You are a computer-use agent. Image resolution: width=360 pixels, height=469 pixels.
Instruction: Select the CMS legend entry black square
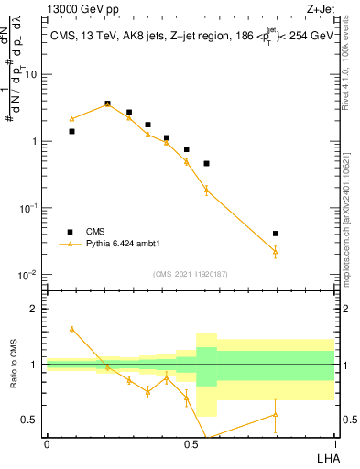(x=70, y=232)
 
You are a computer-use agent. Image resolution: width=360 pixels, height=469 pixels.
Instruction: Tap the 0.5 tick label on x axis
(x=191, y=443)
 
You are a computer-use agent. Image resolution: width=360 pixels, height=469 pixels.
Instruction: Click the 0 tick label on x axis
(x=47, y=443)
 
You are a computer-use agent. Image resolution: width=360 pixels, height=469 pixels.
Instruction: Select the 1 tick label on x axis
(x=334, y=443)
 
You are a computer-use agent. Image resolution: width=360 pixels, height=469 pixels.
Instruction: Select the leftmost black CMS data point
(x=72, y=131)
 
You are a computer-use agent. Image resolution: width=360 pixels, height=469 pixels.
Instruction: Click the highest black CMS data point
(x=108, y=104)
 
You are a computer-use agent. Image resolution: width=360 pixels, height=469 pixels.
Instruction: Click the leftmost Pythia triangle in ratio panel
(x=72, y=328)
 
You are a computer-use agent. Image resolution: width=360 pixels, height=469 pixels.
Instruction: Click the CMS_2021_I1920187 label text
(x=190, y=274)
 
